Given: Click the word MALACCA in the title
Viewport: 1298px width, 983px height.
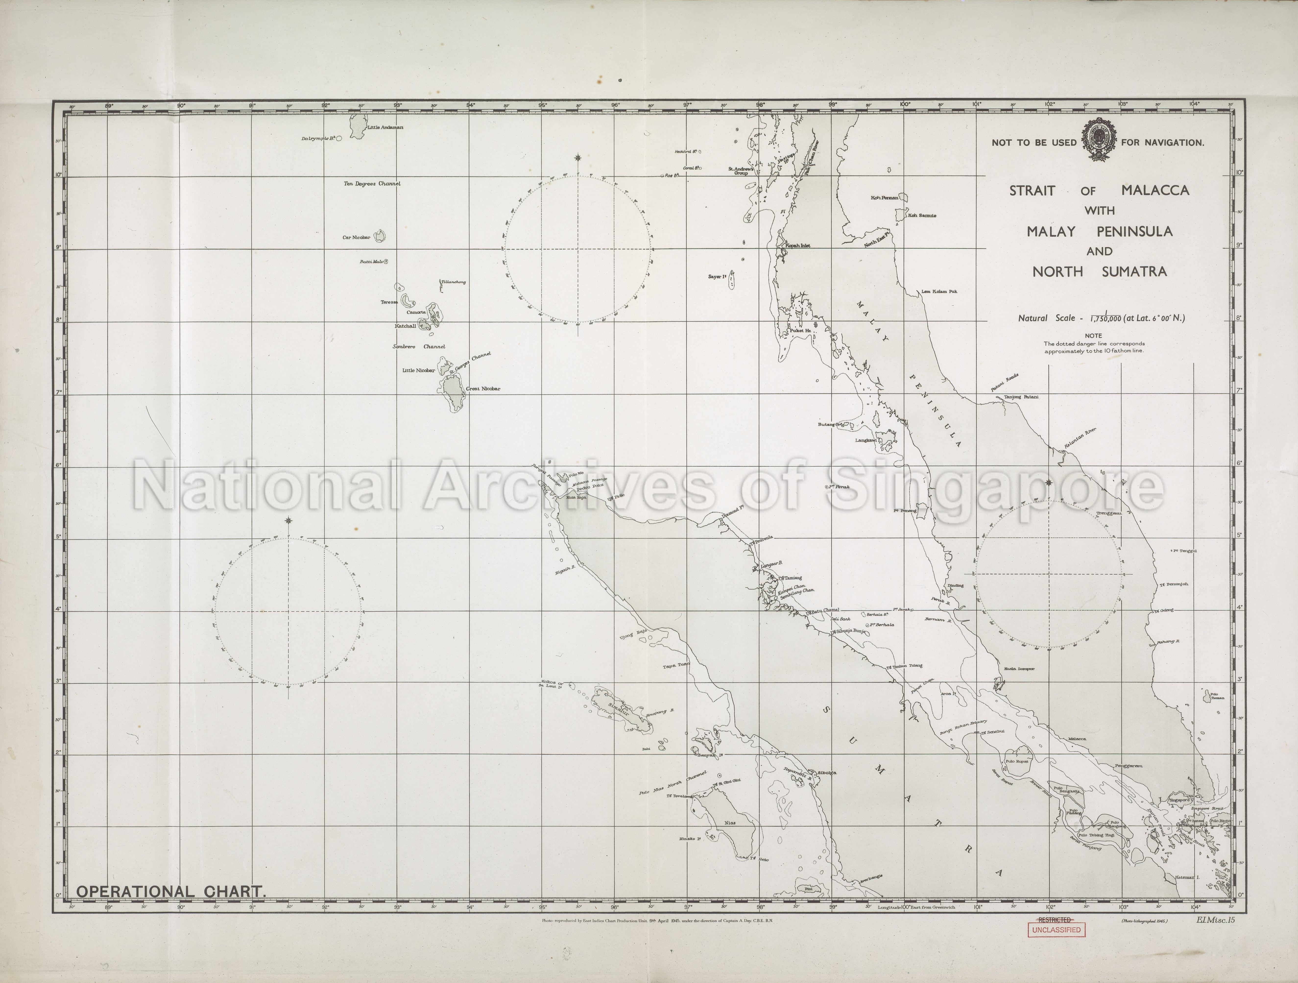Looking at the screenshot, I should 1155,190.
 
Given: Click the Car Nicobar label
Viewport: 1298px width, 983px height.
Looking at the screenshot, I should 356,238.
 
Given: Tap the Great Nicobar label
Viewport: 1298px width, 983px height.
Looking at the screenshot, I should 483,388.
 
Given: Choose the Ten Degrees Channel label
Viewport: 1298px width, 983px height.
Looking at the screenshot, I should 372,184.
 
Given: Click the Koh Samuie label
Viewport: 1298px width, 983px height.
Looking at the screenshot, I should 923,215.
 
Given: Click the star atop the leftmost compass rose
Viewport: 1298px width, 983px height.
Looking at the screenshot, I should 288,521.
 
